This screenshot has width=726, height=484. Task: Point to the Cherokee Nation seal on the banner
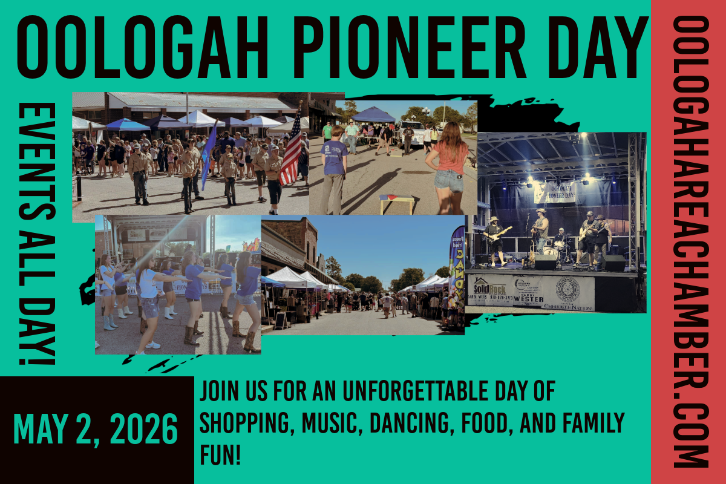pyautogui.click(x=567, y=290)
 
